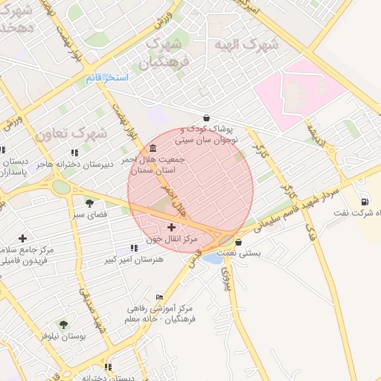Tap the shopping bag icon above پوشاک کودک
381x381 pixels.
[206, 118]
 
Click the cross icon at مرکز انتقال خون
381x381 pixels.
[172, 226]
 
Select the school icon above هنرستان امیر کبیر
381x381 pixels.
[134, 247]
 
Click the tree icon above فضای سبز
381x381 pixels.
[89, 203]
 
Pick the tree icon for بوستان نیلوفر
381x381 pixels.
[63, 324]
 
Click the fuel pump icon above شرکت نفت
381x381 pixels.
[364, 202]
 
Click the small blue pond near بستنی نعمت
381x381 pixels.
[211, 259]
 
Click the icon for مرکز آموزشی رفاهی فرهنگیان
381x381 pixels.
[159, 296]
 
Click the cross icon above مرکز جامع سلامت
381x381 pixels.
[22, 238]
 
